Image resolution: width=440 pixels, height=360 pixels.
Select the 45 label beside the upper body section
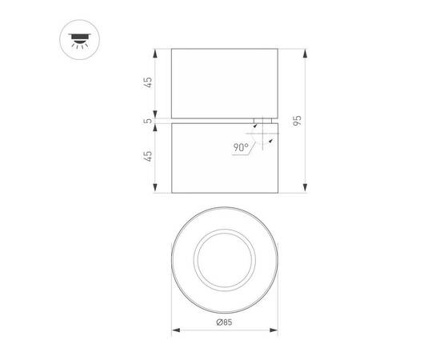point(148,84)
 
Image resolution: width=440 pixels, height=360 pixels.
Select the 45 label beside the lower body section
point(148,157)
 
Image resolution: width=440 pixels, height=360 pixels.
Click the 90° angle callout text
point(242,148)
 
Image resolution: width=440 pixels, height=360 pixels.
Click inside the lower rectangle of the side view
point(212,160)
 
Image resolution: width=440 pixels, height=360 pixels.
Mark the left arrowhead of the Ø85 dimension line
point(175,328)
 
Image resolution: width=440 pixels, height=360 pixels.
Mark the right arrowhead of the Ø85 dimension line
point(274,328)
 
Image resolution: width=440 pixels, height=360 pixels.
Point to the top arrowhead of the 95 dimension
point(304,51)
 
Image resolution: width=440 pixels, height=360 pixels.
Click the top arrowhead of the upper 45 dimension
point(155,51)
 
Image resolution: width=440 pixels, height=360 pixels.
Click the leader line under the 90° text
point(244,154)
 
